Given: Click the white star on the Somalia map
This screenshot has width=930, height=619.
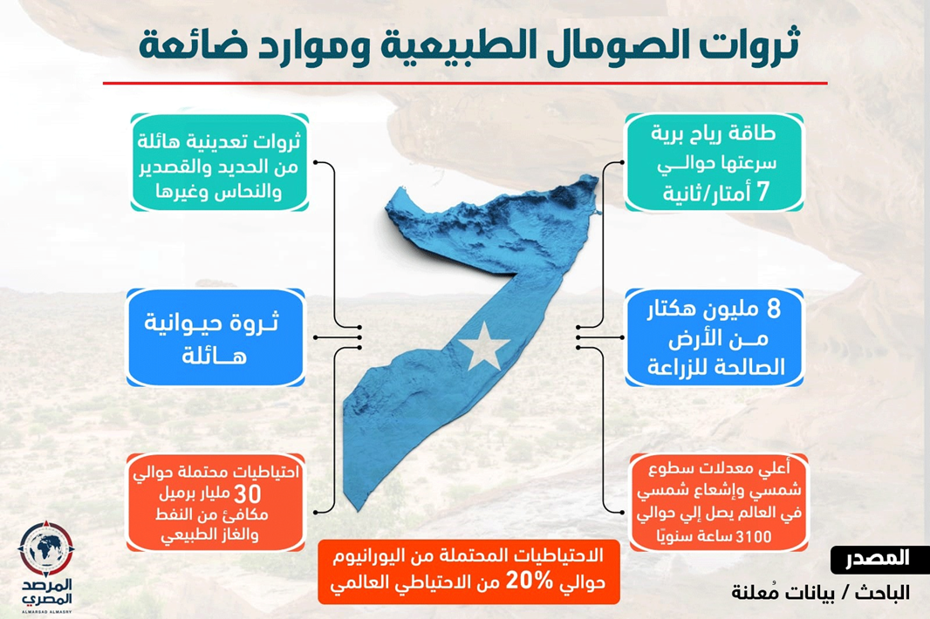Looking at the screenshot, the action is [x=484, y=346].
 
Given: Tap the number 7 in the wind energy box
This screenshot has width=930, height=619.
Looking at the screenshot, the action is [x=762, y=192].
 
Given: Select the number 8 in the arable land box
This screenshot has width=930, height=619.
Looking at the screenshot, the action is [x=774, y=309].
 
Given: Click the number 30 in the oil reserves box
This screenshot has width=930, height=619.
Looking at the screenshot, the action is [x=247, y=494].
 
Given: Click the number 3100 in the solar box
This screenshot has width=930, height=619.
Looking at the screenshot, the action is [x=753, y=536].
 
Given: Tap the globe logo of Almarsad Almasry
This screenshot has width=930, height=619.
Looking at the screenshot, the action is [x=46, y=549].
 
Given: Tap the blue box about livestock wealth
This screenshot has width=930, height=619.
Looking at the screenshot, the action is [x=215, y=338].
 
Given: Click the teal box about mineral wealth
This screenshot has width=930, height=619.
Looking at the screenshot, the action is [x=219, y=162].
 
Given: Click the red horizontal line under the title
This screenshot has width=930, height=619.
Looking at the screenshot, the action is [x=465, y=83].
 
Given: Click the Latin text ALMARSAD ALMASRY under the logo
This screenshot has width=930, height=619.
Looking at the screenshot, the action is [x=46, y=611].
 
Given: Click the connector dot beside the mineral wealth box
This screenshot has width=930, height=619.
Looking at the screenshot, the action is [x=316, y=162].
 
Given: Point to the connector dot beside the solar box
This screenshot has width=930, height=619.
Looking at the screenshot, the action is [x=621, y=512].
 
